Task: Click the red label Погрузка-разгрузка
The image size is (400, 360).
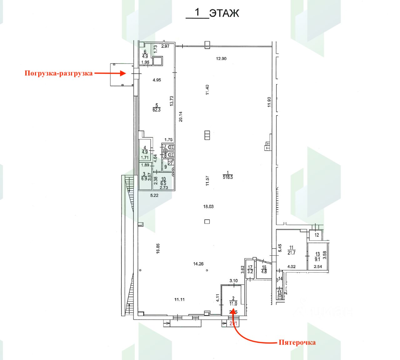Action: coord(59,73)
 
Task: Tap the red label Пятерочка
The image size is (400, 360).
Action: coord(297,342)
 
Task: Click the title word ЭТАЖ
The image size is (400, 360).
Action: coord(224,13)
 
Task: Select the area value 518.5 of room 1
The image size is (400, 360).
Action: coord(228,177)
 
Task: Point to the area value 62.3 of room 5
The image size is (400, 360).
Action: coord(157,110)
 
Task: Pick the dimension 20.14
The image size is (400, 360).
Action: coord(180,117)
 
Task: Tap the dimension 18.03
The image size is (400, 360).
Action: coord(208,207)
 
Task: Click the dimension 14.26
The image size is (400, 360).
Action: coord(198,264)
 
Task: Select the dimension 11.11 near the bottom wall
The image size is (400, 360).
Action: coord(179,299)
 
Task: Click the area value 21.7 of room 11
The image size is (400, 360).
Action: coord(291,253)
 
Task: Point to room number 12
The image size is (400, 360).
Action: coord(317,235)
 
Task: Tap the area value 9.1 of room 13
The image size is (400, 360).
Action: coord(317,259)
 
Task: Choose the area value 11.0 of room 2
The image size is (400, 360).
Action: coord(233,303)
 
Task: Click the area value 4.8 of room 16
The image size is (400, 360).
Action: coord(264,272)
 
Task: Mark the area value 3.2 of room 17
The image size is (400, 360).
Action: coord(250,272)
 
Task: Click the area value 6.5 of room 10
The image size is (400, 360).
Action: coord(163,183)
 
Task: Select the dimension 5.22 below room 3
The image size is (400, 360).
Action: coord(155,196)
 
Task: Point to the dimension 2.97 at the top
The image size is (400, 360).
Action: coord(165,46)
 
